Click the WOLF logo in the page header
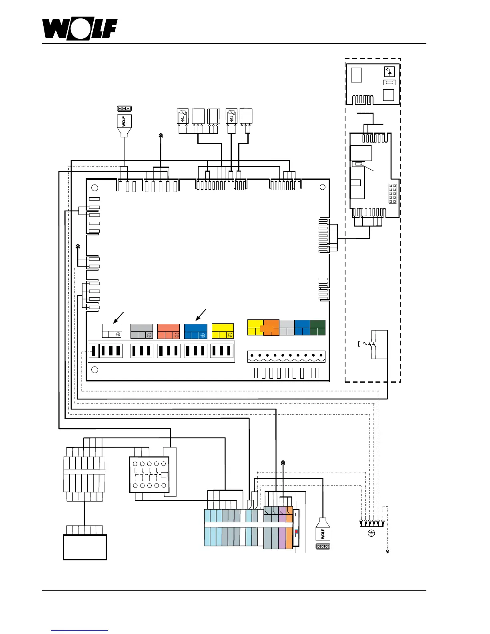pyautogui.click(x=80, y=29)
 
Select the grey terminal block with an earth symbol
pyautogui.click(x=142, y=331)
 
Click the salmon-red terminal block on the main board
pyautogui.click(x=169, y=331)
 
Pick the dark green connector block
pyautogui.click(x=317, y=327)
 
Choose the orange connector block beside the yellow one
pyautogui.click(x=271, y=327)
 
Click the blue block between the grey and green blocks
pyautogui.click(x=302, y=327)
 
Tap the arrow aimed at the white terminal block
pyautogui.click(x=118, y=317)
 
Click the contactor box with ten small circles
pyautogui.click(x=149, y=475)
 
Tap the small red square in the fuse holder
pyautogui.click(x=296, y=532)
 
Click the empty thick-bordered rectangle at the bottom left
pyautogui.click(x=85, y=547)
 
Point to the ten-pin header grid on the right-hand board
pyautogui.click(x=392, y=193)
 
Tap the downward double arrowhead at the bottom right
pyautogui.click(x=388, y=551)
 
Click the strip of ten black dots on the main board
pyautogui.click(x=286, y=355)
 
